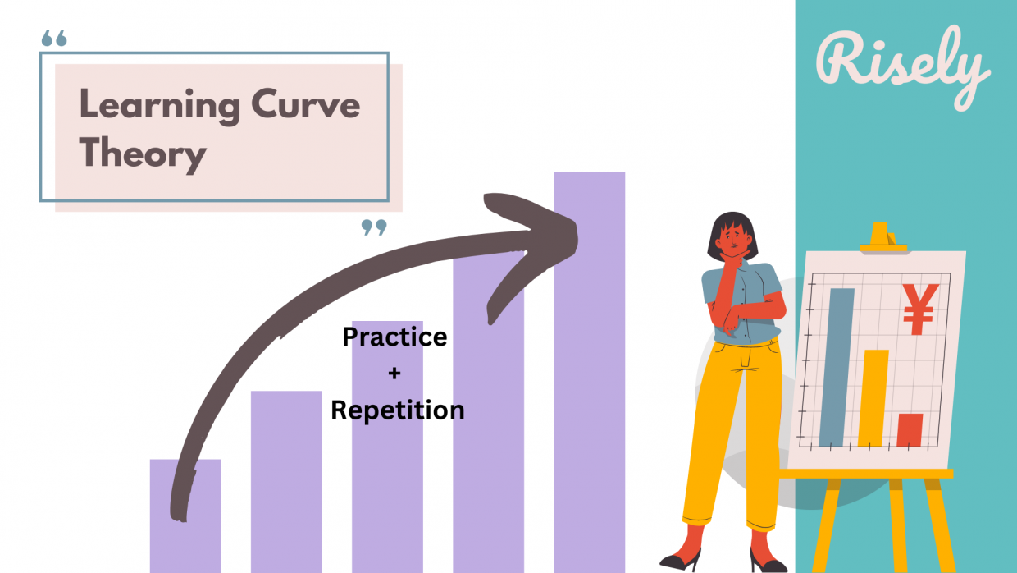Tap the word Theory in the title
pos(143,153)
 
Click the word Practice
pos(394,337)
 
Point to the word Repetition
pos(397,410)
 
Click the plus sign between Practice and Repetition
pos(394,374)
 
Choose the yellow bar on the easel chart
pos(874,398)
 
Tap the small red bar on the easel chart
pos(910,430)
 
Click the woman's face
pos(732,240)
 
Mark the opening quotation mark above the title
pos(53,39)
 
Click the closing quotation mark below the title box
pos(374,227)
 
